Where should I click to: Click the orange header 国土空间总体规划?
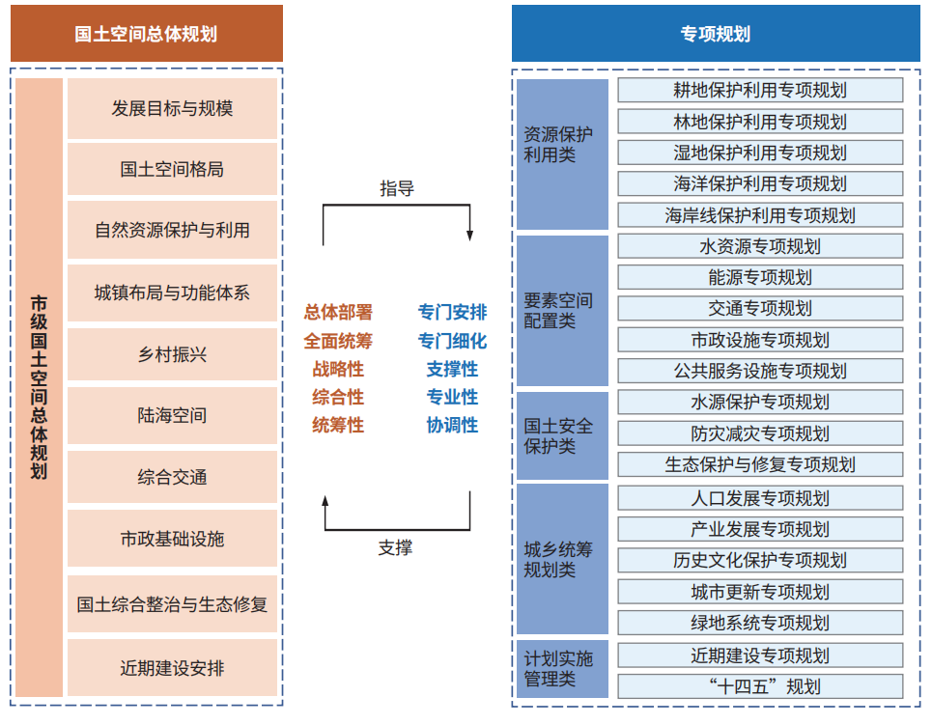pyautogui.click(x=146, y=33)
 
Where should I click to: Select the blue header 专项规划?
pyautogui.click(x=716, y=33)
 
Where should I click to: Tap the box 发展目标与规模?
pyautogui.click(x=172, y=108)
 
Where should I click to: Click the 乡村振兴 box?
pyautogui.click(x=172, y=354)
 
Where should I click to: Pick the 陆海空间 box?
pyautogui.click(x=172, y=415)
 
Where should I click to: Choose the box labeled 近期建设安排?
pyautogui.click(x=172, y=668)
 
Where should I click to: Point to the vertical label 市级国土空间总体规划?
pyautogui.click(x=40, y=387)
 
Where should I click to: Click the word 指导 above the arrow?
pyautogui.click(x=396, y=188)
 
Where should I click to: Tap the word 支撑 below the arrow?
pyautogui.click(x=395, y=547)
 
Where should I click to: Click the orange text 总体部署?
pyautogui.click(x=338, y=312)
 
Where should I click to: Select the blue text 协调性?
pyautogui.click(x=452, y=425)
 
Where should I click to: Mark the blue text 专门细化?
pyautogui.click(x=452, y=341)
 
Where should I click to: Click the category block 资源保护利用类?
pyautogui.click(x=562, y=153)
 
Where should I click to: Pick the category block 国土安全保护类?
pyautogui.click(x=562, y=435)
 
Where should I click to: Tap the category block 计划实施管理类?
pyautogui.click(x=562, y=669)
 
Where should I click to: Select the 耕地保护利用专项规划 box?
pyautogui.click(x=760, y=91)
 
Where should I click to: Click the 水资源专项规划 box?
pyautogui.click(x=760, y=246)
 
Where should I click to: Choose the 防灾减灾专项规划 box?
pyautogui.click(x=760, y=433)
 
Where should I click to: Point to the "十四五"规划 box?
pyautogui.click(x=760, y=686)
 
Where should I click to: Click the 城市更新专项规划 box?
pyautogui.click(x=760, y=592)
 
